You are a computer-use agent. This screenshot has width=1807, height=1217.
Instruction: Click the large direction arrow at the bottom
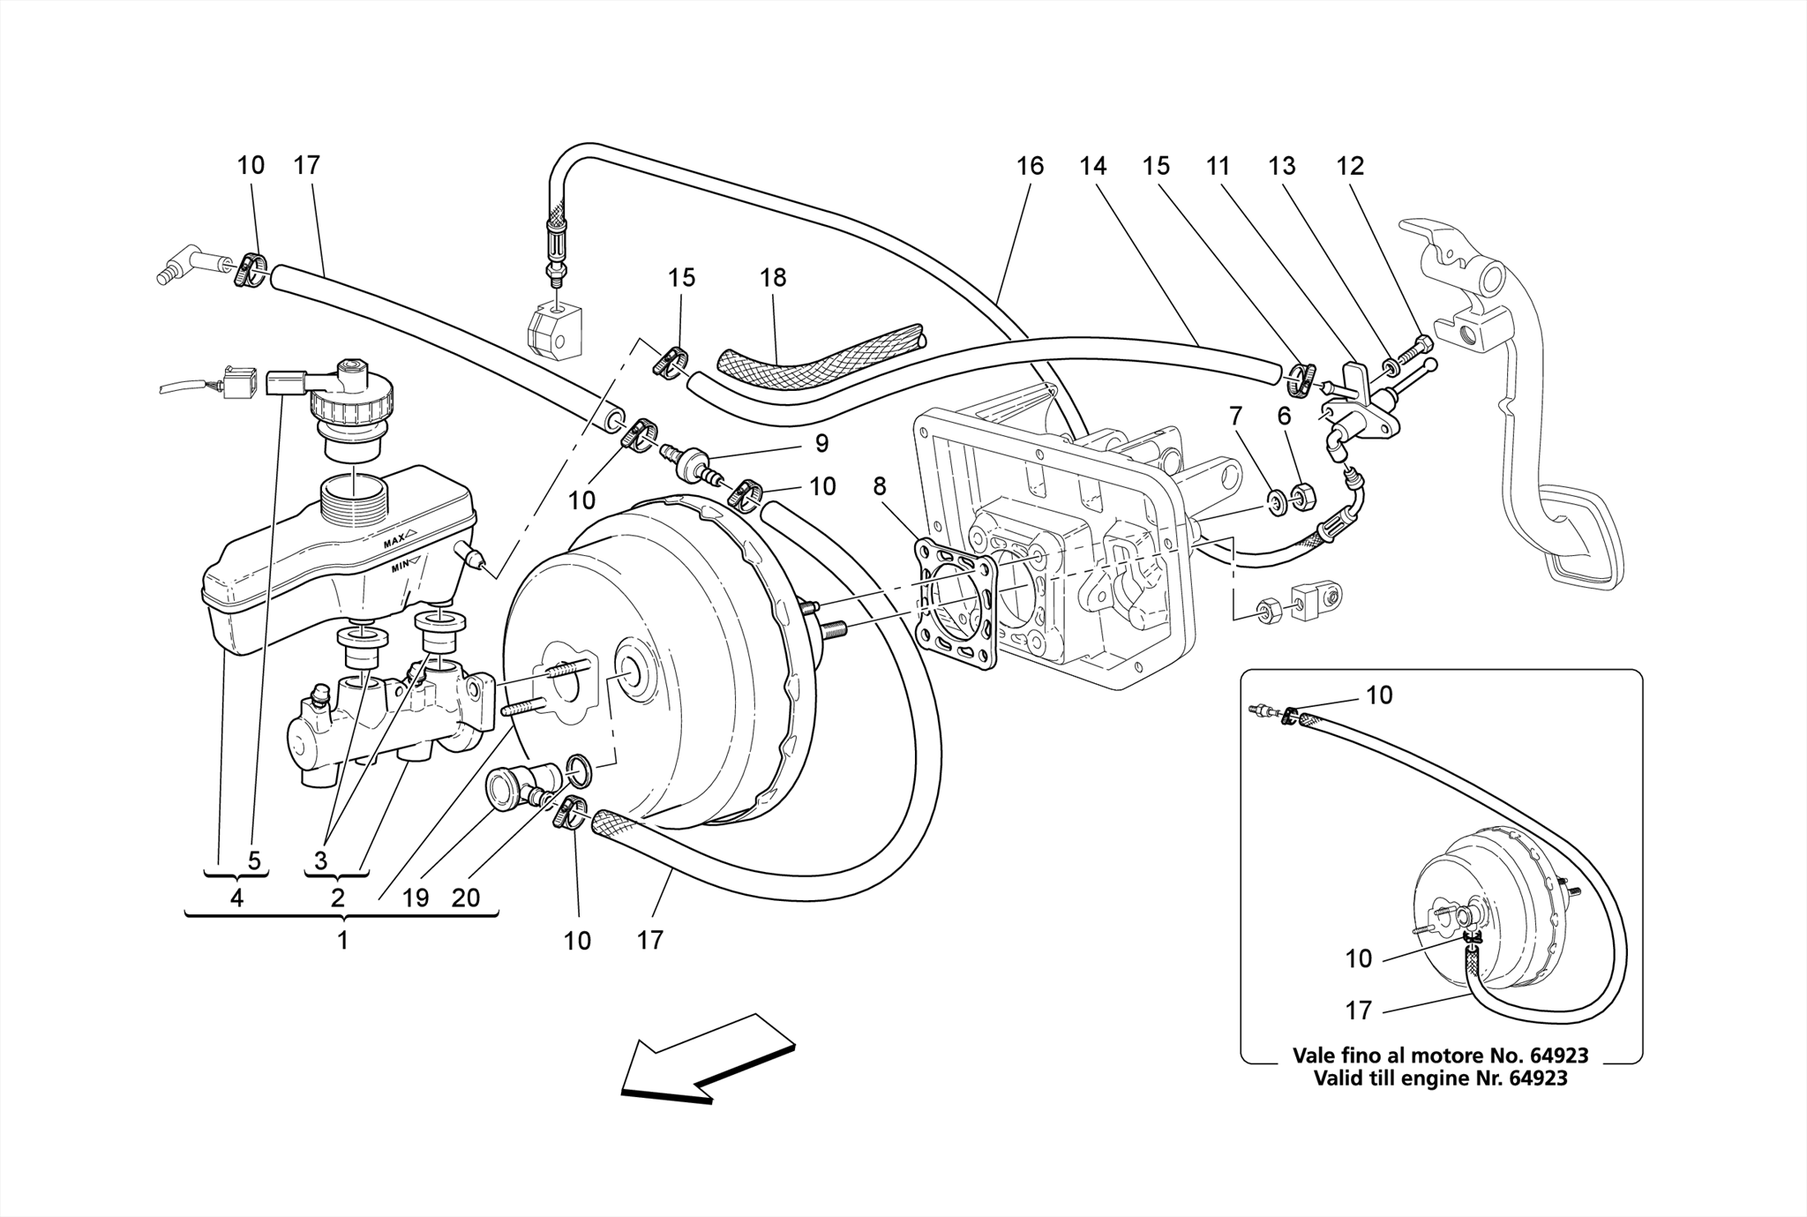(x=706, y=1059)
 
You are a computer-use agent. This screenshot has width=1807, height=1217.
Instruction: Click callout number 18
(x=772, y=278)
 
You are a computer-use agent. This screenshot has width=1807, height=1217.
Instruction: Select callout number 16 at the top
(x=1030, y=166)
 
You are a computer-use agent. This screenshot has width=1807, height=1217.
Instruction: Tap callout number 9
(x=821, y=444)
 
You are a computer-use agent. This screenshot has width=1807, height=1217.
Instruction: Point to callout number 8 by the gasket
(x=879, y=486)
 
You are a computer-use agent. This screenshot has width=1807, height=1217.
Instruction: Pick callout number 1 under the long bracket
(x=342, y=941)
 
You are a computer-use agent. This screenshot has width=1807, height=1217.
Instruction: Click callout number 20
(x=465, y=898)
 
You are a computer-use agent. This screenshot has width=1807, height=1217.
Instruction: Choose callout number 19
(x=415, y=898)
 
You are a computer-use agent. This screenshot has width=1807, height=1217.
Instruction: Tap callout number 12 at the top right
(x=1350, y=166)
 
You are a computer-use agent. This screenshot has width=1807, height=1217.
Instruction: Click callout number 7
(x=1235, y=416)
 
